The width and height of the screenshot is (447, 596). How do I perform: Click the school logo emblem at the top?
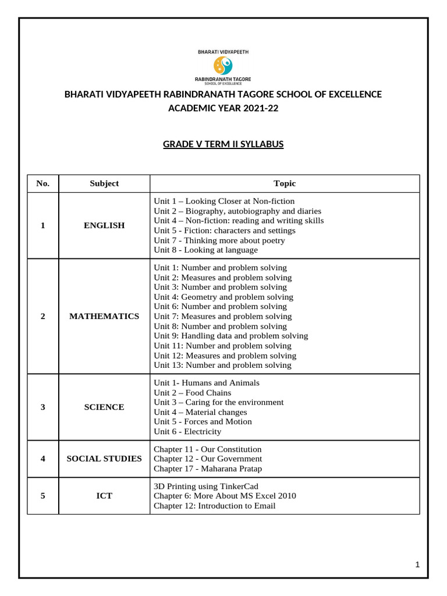223,65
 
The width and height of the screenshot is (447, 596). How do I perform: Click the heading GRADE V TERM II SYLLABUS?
223,144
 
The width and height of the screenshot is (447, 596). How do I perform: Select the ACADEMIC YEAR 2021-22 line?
223,108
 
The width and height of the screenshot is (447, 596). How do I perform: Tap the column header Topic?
285,183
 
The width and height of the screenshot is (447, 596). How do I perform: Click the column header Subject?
104,183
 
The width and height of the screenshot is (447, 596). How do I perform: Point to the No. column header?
43,183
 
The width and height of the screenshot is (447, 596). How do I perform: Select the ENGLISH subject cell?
104,225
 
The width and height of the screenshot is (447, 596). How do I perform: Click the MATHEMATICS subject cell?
104,316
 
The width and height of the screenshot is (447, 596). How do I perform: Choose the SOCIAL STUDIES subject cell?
104,459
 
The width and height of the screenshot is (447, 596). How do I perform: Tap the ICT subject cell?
104,496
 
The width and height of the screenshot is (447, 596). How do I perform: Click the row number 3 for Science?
43,407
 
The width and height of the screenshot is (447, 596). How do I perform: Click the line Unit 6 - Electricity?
187,431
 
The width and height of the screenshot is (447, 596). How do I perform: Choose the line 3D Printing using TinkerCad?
205,486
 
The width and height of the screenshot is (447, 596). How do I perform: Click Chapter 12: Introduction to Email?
214,506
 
